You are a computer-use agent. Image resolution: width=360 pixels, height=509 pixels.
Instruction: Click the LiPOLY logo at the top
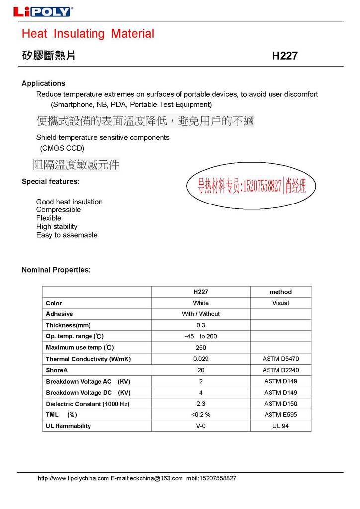click(42, 12)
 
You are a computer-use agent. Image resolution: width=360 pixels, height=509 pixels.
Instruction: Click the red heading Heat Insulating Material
click(88, 34)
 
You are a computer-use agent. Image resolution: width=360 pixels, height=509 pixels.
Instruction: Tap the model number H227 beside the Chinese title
click(285, 56)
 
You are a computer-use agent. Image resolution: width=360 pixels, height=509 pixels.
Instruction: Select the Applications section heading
click(43, 83)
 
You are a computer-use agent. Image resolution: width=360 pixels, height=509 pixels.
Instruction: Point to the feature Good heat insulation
click(70, 202)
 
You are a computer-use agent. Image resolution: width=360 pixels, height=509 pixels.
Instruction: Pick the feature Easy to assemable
click(67, 235)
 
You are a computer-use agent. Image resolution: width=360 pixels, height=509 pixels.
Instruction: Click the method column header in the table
click(280, 292)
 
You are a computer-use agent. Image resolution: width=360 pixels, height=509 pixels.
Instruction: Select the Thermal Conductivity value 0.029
click(201, 359)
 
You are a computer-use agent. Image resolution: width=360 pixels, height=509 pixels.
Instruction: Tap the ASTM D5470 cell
click(280, 359)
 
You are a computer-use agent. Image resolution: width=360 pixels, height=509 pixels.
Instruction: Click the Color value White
click(201, 303)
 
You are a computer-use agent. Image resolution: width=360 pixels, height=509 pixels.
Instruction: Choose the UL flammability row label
click(68, 426)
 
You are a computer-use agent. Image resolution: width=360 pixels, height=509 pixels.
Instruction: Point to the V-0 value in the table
click(201, 426)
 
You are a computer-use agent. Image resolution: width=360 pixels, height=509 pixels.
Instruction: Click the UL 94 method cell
click(280, 426)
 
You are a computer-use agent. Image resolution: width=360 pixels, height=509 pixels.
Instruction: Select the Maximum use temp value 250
click(201, 347)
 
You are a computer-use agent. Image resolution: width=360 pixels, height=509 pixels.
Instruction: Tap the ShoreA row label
click(56, 370)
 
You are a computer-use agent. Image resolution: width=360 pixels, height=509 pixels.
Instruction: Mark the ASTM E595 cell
click(280, 414)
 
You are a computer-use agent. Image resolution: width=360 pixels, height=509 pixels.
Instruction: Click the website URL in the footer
click(73, 478)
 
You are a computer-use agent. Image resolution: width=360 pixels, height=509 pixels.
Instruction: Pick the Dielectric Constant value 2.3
click(201, 404)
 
